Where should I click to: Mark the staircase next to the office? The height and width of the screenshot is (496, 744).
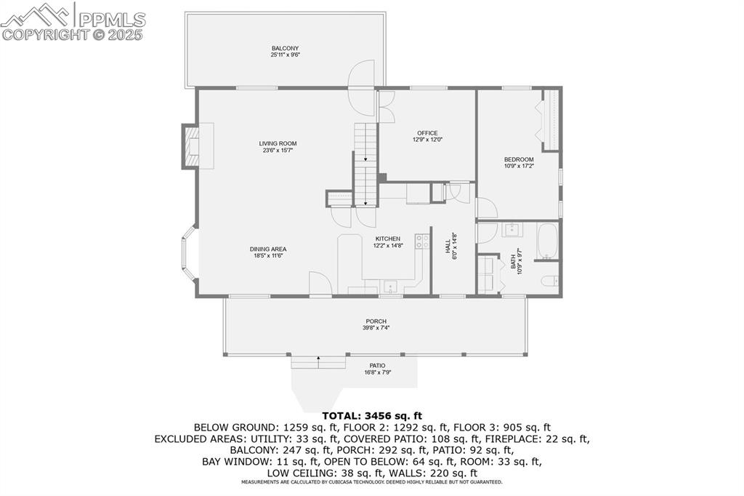[365, 164]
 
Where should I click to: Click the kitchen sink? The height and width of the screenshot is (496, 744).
[389, 286]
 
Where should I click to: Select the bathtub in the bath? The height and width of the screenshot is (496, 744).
[546, 242]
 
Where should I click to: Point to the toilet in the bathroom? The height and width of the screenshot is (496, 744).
[551, 281]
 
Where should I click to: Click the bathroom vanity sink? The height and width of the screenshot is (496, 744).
[513, 231]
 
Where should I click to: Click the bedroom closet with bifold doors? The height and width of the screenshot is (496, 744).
[551, 119]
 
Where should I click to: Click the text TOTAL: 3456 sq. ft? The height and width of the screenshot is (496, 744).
[371, 416]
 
